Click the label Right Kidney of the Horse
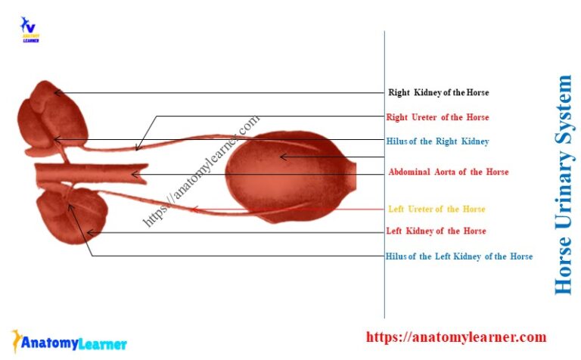coord(438,93)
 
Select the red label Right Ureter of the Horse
coord(437,117)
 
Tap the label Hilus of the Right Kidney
coord(437,141)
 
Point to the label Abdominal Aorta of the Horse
coord(448,172)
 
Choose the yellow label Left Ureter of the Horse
coord(437,209)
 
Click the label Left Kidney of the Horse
coord(436,231)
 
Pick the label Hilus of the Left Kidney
coord(458,256)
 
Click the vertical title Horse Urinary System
coord(564,185)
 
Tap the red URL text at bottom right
coord(456,337)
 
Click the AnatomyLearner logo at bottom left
coord(69,343)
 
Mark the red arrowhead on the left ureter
coord(195,209)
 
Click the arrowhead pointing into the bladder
coord(282,157)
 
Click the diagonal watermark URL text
coord(201,171)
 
